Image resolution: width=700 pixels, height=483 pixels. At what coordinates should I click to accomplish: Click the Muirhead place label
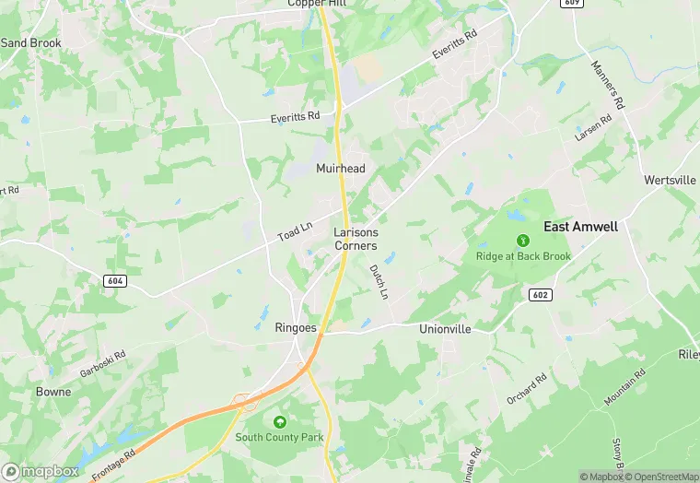click(x=341, y=169)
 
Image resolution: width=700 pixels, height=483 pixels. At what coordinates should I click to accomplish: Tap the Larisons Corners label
click(x=356, y=240)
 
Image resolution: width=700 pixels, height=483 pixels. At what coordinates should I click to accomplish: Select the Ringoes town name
click(x=296, y=327)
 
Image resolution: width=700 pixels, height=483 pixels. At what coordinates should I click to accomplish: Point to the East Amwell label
click(x=580, y=227)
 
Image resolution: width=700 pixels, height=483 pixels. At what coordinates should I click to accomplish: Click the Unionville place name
click(x=444, y=328)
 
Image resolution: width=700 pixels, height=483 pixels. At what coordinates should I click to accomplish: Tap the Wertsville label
click(x=671, y=181)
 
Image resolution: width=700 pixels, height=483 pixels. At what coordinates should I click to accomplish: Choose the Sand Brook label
click(x=30, y=43)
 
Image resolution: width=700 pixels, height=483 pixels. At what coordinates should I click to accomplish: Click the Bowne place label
click(x=52, y=392)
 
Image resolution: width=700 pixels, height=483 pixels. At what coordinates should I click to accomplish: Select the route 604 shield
click(x=114, y=280)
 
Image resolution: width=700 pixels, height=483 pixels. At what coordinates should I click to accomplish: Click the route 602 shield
click(x=540, y=294)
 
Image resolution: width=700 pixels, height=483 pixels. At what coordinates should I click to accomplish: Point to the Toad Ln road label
click(x=297, y=230)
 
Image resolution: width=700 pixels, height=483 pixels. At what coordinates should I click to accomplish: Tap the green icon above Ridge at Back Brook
click(x=523, y=241)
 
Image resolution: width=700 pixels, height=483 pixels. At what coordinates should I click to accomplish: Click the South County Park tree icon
click(x=278, y=421)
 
